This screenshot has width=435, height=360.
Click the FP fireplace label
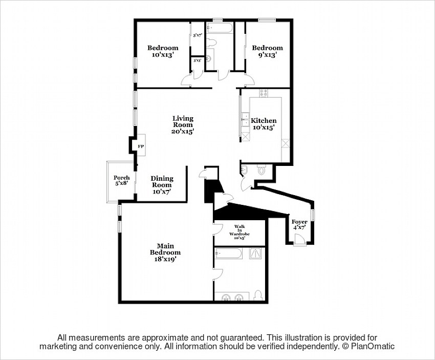click(x=140, y=146)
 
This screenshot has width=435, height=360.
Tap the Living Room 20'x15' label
click(x=183, y=124)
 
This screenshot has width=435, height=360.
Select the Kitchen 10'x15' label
click(x=264, y=124)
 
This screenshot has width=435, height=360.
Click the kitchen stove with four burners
click(x=264, y=93)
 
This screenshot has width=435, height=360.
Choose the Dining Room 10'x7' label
click(x=162, y=185)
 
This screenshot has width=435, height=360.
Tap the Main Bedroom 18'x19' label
click(x=165, y=252)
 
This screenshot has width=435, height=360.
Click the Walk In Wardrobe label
click(x=240, y=232)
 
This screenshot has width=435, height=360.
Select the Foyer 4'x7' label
click(x=299, y=225)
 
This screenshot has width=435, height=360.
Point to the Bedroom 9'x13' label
click(x=267, y=51)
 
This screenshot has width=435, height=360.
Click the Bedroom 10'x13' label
click(x=163, y=51)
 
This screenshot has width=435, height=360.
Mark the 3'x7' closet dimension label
click(x=198, y=36)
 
